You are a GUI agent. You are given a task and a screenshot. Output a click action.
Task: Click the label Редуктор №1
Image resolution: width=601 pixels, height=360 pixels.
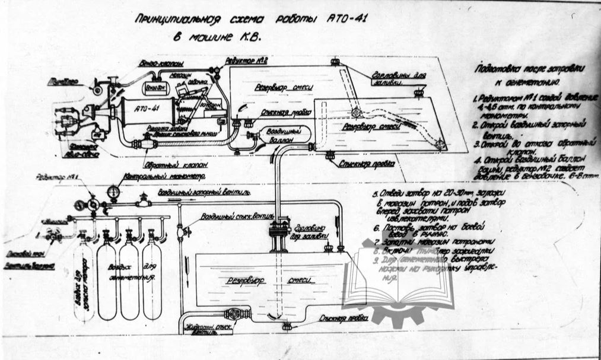point(55,177)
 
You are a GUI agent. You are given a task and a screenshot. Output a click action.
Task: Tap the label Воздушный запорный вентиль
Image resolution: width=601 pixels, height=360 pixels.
point(203,193)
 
